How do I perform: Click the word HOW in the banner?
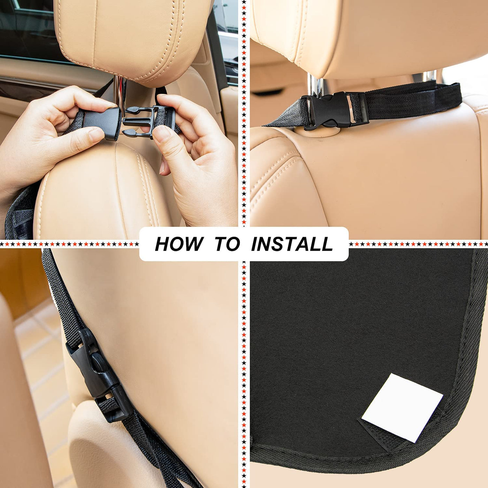[x=179, y=244]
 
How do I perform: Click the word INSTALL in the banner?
[x=292, y=244]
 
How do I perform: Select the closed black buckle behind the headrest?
[x=334, y=110]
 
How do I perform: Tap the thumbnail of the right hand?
[x=162, y=134]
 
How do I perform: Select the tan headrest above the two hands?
[x=133, y=38]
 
